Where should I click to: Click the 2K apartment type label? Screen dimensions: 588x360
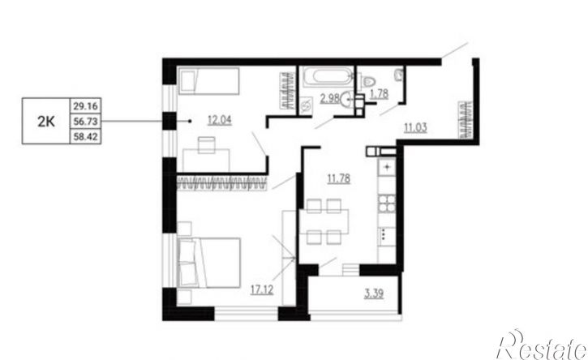pos(45,121)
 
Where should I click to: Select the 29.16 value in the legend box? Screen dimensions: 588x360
pos(85,106)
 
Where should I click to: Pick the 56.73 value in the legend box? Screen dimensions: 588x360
pos(85,122)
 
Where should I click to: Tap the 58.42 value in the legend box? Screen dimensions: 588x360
pos(85,137)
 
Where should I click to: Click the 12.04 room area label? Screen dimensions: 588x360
pos(220,120)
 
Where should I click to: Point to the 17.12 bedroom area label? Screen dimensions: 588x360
pos(262,289)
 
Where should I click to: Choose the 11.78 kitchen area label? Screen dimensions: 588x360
pos(339,178)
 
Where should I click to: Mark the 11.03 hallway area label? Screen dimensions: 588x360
pos(415,127)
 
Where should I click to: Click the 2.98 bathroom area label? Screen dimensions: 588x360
pos(329,98)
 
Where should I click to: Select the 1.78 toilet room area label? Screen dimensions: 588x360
pos(379,93)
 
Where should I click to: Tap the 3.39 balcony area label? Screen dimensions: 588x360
pos(374,294)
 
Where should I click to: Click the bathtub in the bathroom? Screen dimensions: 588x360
pos(327,77)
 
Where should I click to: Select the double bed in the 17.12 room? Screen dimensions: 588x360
pos(208,263)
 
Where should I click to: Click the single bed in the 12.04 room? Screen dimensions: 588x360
pos(208,80)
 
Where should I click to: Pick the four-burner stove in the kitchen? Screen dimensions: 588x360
pos(387,204)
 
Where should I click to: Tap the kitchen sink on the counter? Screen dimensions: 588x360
pos(387,167)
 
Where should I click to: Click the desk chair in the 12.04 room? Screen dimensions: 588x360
pos(207,145)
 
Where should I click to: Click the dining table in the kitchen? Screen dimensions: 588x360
pos(324,221)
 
